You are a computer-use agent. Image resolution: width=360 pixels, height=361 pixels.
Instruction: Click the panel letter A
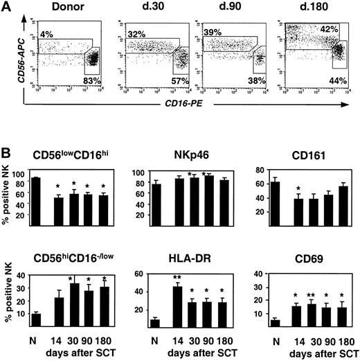8,9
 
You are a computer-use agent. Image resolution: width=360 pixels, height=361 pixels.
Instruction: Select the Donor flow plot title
65,9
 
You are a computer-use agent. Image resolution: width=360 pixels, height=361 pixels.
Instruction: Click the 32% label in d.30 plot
134,33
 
